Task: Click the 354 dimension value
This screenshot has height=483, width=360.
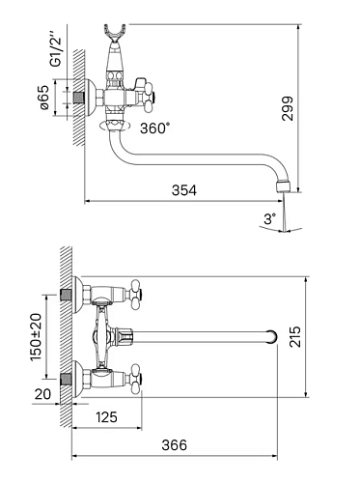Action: (183, 190)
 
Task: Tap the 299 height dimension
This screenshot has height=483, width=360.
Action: (288, 108)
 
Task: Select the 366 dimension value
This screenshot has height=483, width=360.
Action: (174, 445)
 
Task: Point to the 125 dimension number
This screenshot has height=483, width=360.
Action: (107, 417)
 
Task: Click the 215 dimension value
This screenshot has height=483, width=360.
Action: (295, 336)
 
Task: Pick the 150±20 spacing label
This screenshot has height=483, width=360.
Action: (36, 337)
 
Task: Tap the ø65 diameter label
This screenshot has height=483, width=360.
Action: (44, 98)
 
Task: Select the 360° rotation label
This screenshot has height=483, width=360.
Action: (154, 128)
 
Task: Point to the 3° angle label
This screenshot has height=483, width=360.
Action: (270, 219)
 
